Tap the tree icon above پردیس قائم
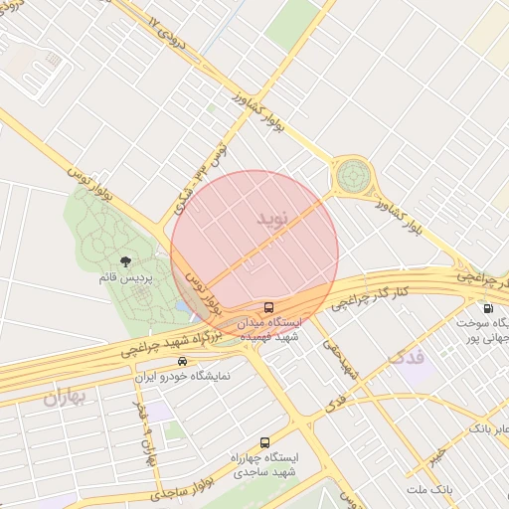[x=124, y=261]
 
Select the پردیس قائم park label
[x=124, y=278]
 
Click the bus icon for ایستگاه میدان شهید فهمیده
[x=268, y=306]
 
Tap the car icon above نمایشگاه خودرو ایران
[x=181, y=361]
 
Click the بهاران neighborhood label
[x=65, y=398]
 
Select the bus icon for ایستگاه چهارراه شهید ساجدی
[x=263, y=442]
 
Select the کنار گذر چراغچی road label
[x=370, y=293]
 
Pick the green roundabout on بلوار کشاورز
[x=350, y=177]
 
